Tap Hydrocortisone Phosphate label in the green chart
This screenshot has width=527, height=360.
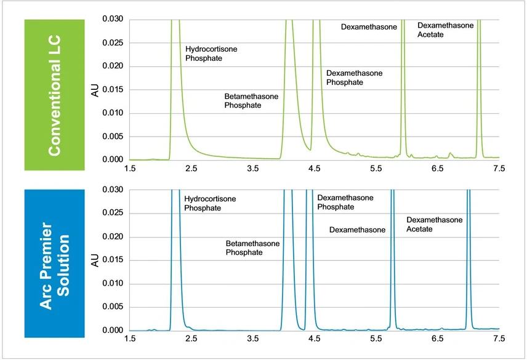pos(211,53)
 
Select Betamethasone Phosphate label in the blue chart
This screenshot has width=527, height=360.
pos(252,248)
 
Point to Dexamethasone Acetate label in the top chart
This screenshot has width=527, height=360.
pos(445,30)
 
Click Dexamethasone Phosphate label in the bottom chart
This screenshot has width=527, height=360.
pos(345,202)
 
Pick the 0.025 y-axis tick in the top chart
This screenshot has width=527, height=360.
pos(113,43)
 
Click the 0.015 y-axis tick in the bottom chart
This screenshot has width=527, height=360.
pos(113,260)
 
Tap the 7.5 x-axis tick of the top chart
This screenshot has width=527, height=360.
pos(499,168)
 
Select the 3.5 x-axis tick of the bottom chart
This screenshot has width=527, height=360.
pos(252,338)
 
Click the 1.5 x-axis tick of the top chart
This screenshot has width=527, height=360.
pos(129,168)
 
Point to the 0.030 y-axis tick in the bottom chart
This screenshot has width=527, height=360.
pos(113,190)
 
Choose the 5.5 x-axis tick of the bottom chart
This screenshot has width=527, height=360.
pos(376,338)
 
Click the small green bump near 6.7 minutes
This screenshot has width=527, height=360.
pos(450,154)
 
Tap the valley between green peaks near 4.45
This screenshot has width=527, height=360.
pos(310,148)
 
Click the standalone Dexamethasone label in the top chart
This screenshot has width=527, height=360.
pos(369,27)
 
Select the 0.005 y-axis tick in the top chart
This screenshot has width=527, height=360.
pos(113,137)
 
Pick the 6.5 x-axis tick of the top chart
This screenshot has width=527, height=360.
pos(437,168)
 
